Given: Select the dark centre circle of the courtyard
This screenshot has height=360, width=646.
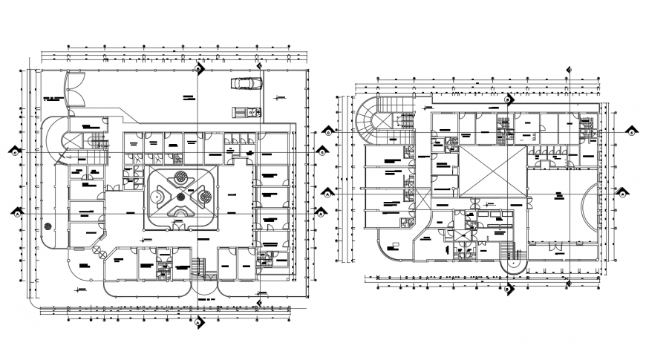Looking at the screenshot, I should pyautogui.click(x=180, y=194).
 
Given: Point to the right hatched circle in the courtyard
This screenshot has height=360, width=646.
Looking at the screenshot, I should pyautogui.click(x=205, y=197).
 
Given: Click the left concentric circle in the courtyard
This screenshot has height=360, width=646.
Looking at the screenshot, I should pyautogui.click(x=157, y=197).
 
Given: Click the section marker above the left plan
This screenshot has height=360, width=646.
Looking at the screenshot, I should pyautogui.click(x=199, y=69).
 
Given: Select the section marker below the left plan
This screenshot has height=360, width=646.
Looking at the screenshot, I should pyautogui.click(x=198, y=321).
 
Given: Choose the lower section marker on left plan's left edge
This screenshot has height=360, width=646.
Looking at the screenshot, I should pyautogui.click(x=16, y=213).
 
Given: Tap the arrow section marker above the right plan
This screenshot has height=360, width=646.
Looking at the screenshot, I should pyautogui.click(x=508, y=99).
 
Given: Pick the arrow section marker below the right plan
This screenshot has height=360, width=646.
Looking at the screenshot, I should pyautogui.click(x=508, y=289).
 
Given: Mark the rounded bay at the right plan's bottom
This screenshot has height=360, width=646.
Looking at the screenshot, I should pyautogui.click(x=512, y=260).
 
